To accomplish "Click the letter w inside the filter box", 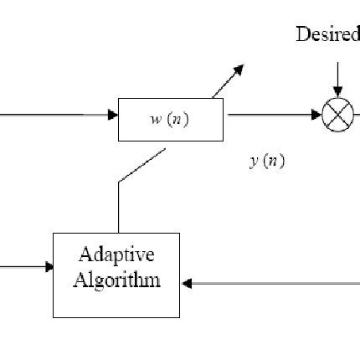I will [155, 119].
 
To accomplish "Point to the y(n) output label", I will [266, 161].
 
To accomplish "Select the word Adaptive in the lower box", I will [118, 255].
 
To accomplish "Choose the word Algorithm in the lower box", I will [118, 279].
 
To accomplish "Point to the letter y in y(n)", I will [253, 161].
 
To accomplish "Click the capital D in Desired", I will [301, 35].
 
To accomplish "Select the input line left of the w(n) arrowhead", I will [50, 115].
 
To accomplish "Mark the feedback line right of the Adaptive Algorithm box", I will [276, 283].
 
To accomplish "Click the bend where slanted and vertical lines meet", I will [118, 183].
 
